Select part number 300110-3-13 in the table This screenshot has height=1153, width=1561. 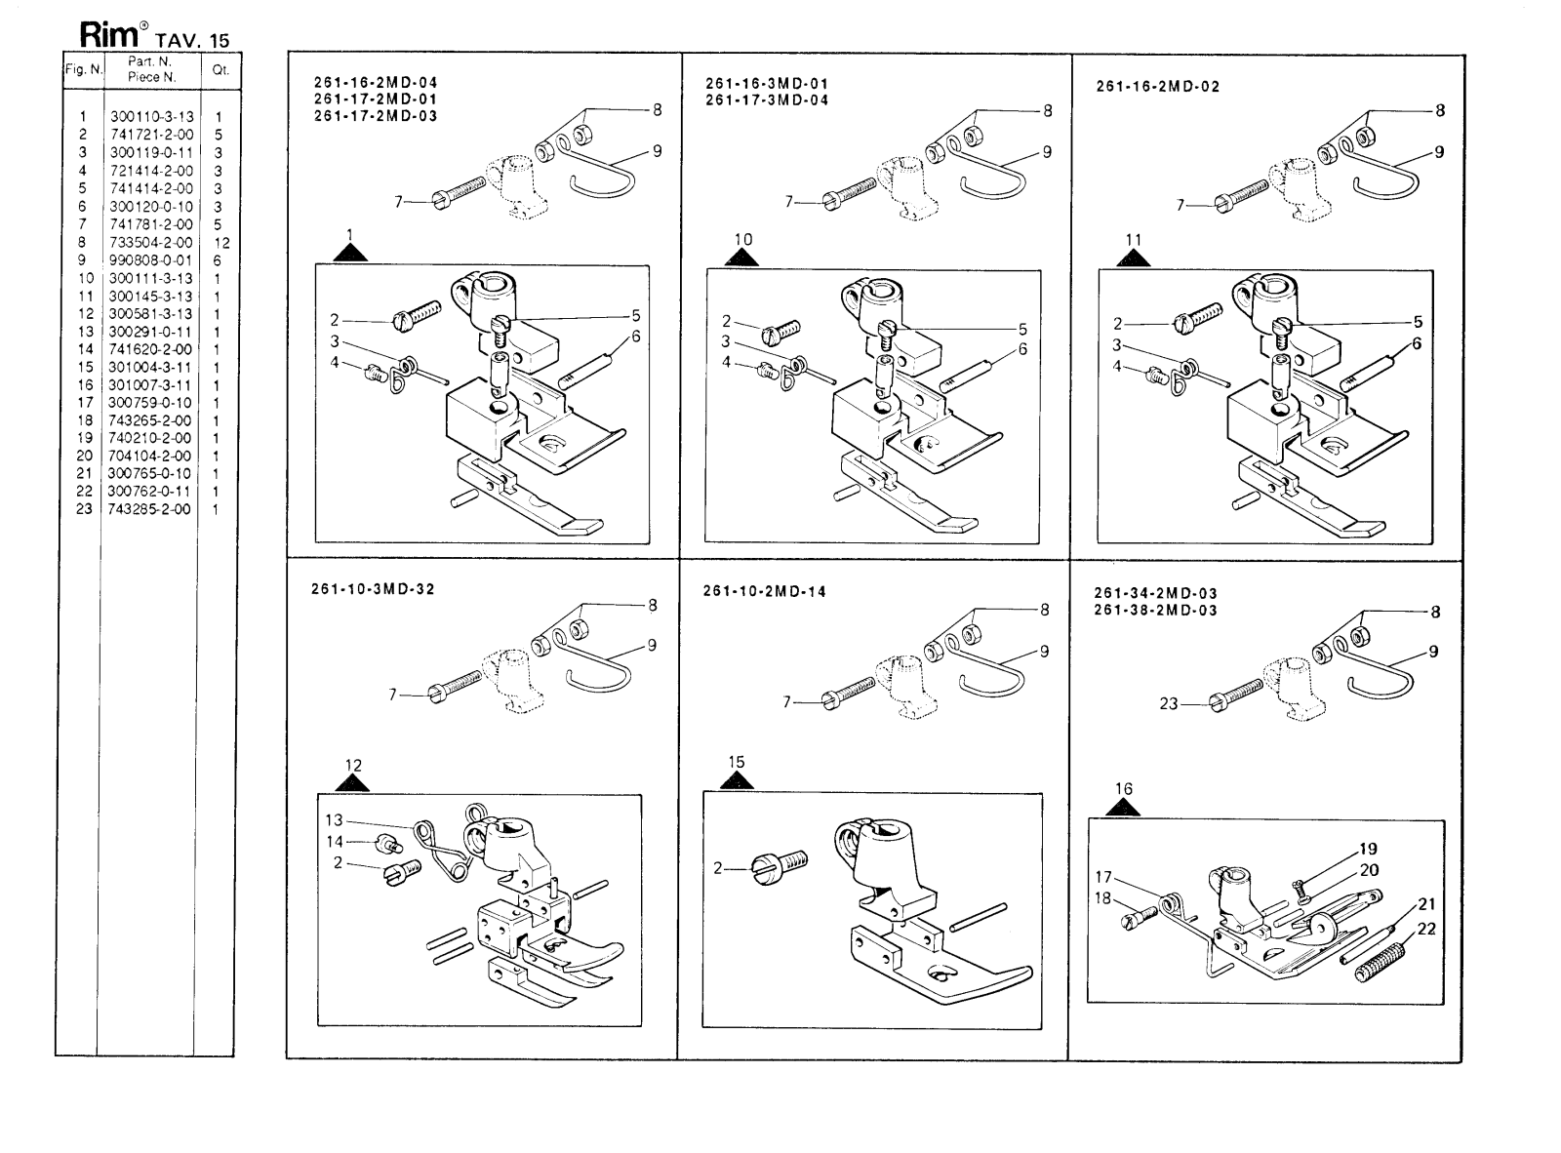151,117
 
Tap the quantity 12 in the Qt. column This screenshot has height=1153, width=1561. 221,243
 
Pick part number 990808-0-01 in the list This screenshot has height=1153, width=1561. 151,260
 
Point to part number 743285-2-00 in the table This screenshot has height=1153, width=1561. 150,509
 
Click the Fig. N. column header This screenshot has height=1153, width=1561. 82,70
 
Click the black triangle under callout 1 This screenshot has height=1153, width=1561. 350,254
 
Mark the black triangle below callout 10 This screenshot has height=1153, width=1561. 742,258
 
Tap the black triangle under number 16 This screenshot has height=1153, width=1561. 1125,807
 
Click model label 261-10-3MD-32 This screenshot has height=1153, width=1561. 374,589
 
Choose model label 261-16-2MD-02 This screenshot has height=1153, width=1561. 1158,86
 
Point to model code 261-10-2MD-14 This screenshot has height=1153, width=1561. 764,591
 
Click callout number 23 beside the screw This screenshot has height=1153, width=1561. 1169,703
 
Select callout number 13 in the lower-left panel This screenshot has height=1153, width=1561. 334,820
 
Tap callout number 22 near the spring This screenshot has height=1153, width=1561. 1426,929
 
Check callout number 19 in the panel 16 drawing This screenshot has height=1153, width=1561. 1369,849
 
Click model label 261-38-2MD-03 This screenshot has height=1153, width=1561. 1155,611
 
